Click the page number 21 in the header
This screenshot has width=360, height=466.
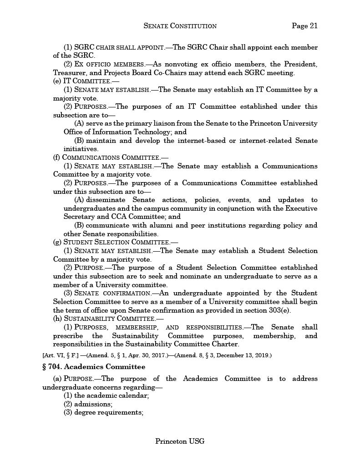[x=304, y=26]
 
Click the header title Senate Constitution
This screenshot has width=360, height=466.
[x=180, y=26]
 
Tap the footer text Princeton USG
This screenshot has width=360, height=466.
[x=180, y=441]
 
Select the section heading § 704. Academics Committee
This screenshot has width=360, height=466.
[x=94, y=366]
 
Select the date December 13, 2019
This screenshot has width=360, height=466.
[x=247, y=355]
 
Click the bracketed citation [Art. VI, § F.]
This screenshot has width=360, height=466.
[x=60, y=355]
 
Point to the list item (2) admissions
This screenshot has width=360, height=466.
[x=88, y=404]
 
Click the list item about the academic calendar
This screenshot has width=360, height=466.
[x=106, y=395]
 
